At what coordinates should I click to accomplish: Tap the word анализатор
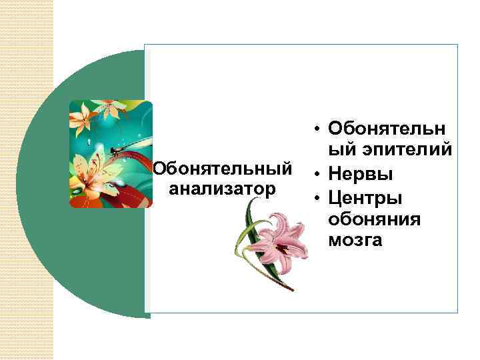(x=223, y=189)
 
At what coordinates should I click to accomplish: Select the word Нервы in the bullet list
(x=360, y=175)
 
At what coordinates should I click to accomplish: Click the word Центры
(x=365, y=198)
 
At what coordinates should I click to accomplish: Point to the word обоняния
(x=374, y=219)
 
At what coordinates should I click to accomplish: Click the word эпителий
(x=390, y=151)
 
